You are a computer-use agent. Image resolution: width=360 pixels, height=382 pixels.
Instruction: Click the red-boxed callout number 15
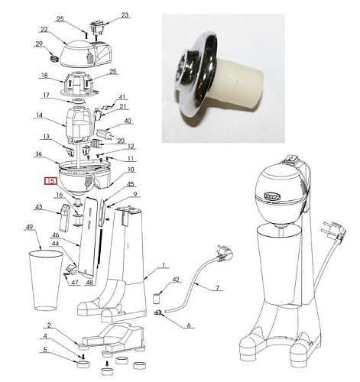[50, 181]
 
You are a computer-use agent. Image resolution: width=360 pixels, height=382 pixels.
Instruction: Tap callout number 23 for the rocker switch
[125, 15]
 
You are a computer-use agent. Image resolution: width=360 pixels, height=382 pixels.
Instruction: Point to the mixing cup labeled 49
[46, 280]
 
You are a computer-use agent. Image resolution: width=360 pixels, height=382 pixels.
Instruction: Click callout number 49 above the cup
[30, 227]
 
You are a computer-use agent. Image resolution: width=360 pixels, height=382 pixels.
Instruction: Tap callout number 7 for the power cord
[217, 288]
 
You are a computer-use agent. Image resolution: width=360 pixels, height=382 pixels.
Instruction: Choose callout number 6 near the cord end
[189, 325]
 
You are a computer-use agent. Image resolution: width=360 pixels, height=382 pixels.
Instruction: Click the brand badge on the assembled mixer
[273, 196]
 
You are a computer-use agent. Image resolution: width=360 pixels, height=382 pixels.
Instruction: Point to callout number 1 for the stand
[164, 265]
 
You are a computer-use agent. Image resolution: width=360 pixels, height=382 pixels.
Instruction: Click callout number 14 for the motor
[39, 115]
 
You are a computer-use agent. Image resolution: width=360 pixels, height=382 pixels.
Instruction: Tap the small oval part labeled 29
[54, 58]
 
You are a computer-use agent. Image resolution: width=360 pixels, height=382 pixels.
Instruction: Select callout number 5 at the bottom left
[45, 349]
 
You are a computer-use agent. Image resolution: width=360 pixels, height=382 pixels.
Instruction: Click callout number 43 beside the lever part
[39, 207]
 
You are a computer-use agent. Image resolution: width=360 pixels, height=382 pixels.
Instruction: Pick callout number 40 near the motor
[128, 121]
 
